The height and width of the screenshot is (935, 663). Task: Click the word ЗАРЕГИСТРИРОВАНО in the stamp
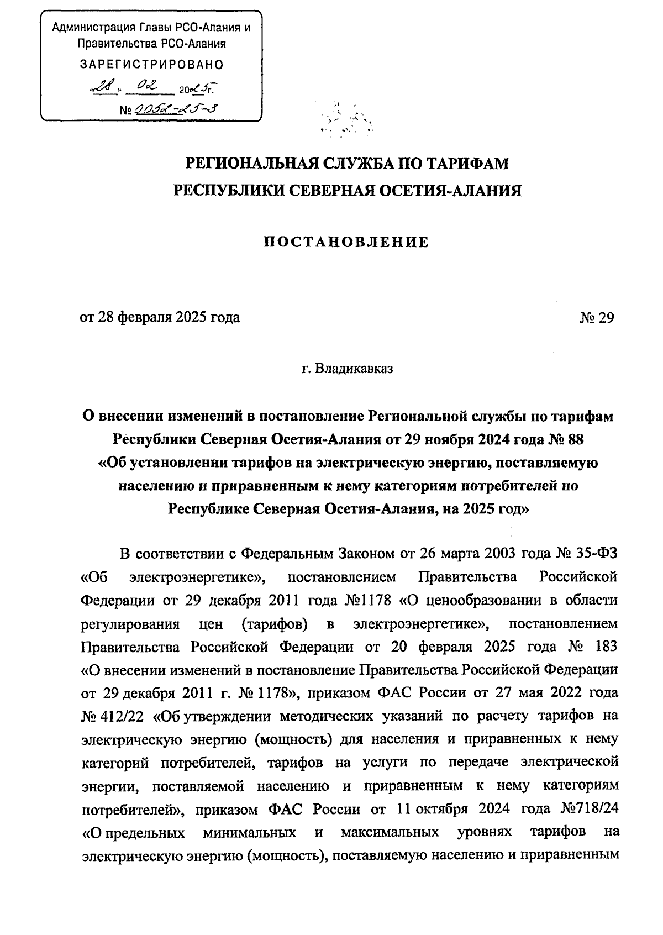[152, 65]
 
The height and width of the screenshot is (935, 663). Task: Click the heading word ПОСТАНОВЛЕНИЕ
[347, 242]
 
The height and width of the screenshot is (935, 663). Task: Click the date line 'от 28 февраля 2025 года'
[160, 318]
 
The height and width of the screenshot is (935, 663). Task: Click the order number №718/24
[589, 810]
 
